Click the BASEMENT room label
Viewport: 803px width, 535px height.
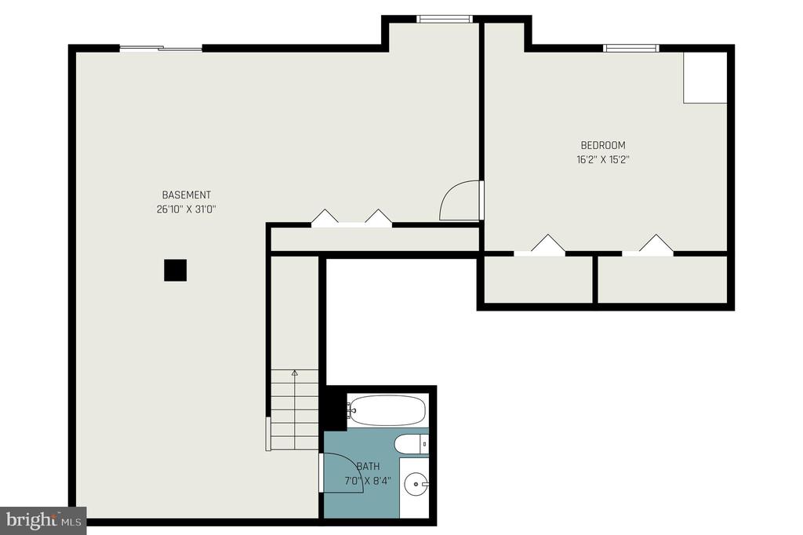point(187,195)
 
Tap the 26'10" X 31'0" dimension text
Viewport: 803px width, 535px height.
point(187,209)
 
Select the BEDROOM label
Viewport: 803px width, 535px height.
point(603,145)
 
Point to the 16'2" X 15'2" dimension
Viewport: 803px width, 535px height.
point(603,159)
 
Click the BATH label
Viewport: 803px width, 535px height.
point(369,466)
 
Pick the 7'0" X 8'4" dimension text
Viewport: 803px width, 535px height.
point(369,481)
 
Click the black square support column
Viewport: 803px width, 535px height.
point(175,270)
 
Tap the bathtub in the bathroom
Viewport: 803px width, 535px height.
point(387,409)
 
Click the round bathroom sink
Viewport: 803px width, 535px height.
point(416,483)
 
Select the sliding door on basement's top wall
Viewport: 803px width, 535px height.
point(161,49)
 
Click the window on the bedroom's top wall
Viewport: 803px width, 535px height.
point(631,48)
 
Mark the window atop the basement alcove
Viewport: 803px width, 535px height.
point(444,19)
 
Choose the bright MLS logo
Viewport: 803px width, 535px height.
point(43,521)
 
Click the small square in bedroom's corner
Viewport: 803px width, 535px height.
point(705,78)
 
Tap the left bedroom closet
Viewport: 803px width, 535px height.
point(538,279)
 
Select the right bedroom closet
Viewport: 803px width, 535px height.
point(663,279)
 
